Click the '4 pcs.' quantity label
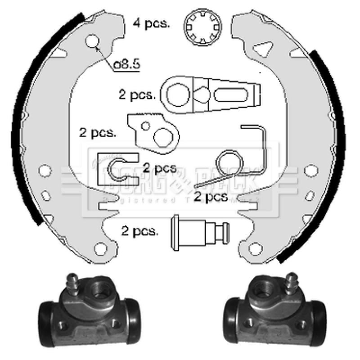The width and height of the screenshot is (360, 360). click(151, 23)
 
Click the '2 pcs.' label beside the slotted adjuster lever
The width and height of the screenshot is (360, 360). click(137, 95)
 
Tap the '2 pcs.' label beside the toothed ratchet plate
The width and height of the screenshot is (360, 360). click(97, 133)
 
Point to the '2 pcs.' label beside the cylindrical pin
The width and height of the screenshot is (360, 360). click(139, 231)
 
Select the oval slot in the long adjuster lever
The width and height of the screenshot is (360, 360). click(233, 95)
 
